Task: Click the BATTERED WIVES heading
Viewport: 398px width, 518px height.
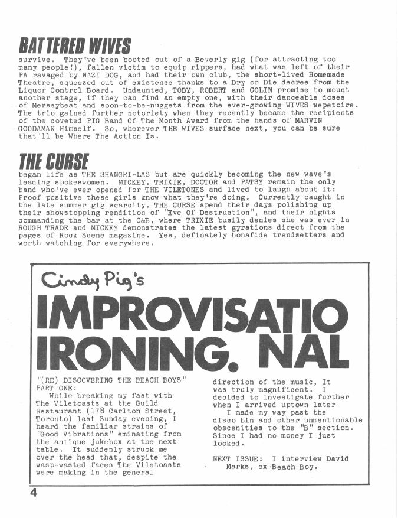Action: [x=74, y=45]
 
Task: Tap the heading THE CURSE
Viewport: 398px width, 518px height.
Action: [x=54, y=161]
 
